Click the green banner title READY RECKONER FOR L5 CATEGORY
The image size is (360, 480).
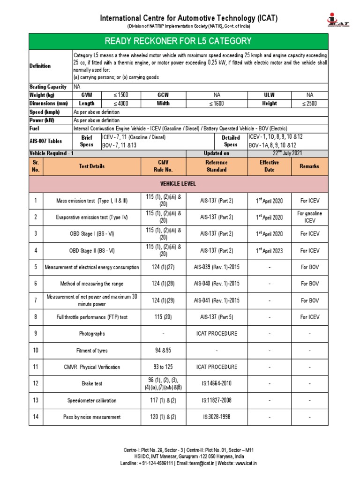coord(178,41)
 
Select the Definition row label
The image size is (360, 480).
coord(40,66)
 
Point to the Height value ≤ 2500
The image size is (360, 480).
coord(309,103)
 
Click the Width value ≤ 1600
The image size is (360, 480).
coord(217,103)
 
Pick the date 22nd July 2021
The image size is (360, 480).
coord(288,153)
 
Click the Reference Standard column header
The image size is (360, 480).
coord(217,166)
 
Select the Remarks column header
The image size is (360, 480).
coord(309,166)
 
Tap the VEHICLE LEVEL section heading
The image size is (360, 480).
coord(178,184)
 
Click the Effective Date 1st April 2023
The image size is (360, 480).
coord(269,250)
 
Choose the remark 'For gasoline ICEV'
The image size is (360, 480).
coord(309,217)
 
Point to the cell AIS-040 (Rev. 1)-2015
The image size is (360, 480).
coord(217,284)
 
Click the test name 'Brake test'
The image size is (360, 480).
coord(92,383)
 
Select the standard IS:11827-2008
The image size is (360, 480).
coord(217,400)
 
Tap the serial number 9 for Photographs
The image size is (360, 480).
coord(35,334)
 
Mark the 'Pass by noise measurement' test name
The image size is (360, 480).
coord(92,417)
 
